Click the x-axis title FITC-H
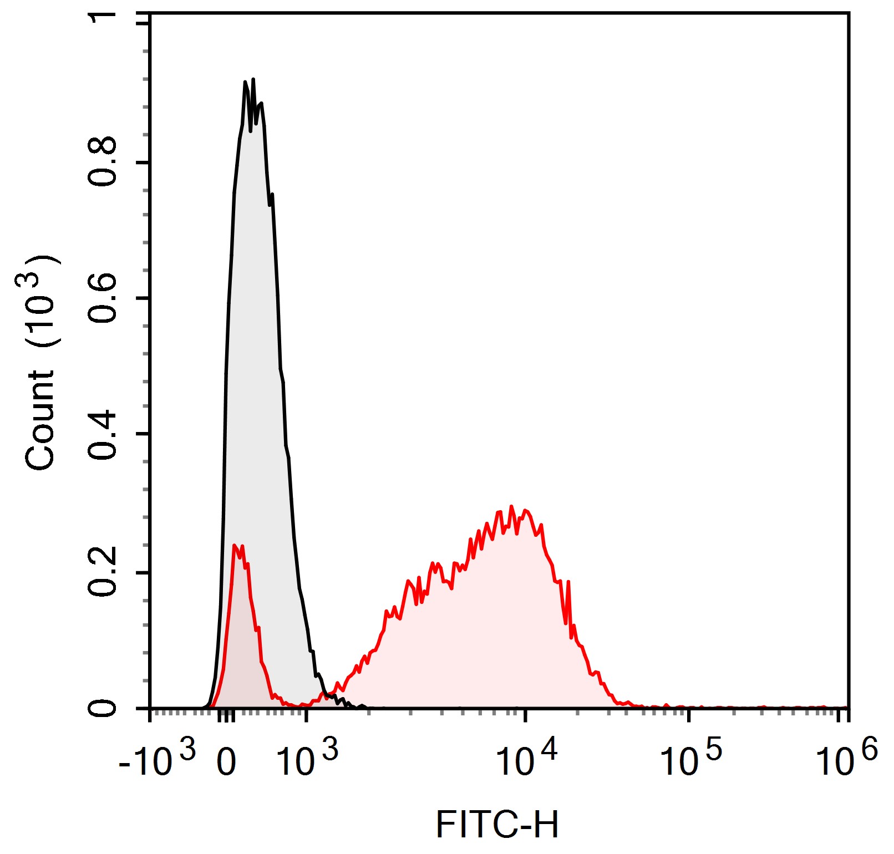[x=497, y=825]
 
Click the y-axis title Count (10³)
[x=40, y=363]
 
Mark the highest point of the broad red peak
[x=511, y=506]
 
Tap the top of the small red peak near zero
[x=235, y=545]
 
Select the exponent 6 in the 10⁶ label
[x=869, y=750]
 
